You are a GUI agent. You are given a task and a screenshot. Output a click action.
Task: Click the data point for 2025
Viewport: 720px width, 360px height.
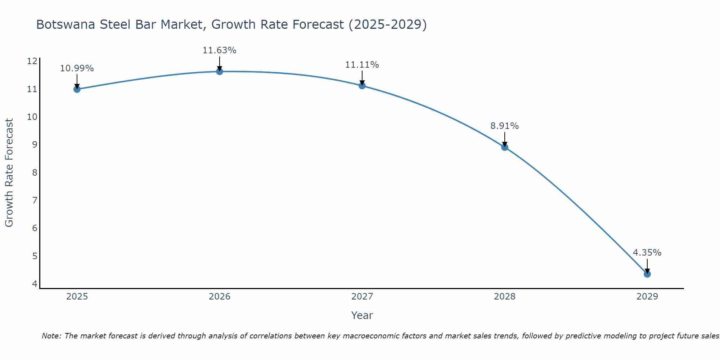pos(77,89)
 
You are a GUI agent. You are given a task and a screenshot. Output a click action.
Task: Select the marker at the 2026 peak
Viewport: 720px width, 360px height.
pos(219,71)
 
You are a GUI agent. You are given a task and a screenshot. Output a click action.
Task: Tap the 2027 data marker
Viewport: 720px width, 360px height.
pos(362,85)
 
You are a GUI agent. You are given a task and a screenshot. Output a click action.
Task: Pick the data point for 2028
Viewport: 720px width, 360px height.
pos(504,147)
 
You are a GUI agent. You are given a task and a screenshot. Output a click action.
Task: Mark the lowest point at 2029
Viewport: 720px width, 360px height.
pos(647,274)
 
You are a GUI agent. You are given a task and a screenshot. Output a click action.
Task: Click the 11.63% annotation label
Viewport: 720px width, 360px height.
pos(219,50)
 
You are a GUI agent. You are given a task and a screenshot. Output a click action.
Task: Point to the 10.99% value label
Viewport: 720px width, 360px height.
pos(77,68)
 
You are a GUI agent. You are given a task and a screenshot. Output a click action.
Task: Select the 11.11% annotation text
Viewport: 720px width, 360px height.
pos(362,65)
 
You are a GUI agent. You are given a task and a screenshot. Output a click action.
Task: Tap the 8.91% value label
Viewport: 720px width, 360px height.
pos(504,126)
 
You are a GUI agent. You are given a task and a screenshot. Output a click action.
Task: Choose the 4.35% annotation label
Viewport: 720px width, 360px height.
pos(647,253)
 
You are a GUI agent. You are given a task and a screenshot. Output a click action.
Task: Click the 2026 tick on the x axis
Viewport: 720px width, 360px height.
pos(220,297)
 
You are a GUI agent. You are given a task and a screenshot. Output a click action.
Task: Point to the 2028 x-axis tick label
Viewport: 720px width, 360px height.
pos(504,297)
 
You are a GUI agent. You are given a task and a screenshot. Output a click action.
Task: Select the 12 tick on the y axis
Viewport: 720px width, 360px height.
pos(32,61)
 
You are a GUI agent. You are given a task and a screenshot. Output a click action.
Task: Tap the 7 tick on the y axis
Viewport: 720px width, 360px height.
pos(35,200)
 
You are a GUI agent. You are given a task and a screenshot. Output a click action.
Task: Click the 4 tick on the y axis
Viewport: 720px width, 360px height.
pos(35,284)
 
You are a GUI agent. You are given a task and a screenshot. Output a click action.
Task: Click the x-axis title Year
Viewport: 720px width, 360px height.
pos(362,315)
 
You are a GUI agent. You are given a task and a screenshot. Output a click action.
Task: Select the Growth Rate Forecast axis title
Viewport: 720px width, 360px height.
pos(9,173)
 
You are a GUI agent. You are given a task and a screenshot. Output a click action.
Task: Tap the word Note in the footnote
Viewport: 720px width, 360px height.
pos(51,336)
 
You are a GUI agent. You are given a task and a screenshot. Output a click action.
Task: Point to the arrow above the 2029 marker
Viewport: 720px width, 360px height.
pos(647,266)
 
